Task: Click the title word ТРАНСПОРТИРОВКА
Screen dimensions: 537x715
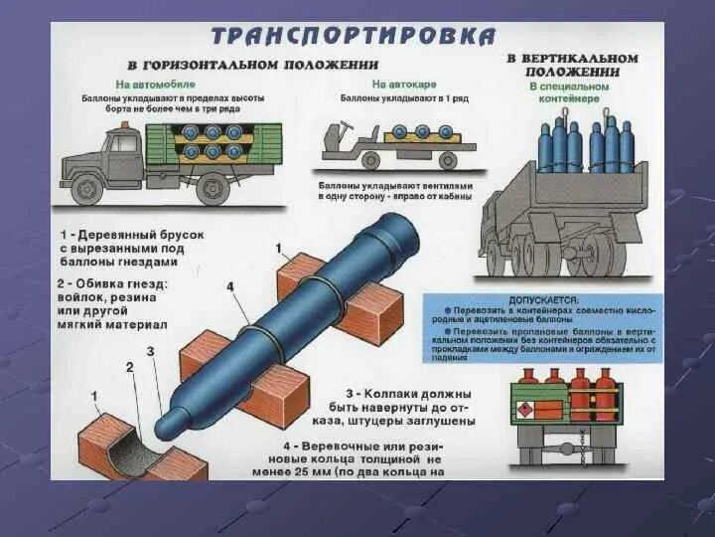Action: click(354, 37)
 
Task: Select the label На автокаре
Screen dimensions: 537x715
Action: click(395, 85)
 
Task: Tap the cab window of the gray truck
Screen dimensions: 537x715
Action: click(122, 145)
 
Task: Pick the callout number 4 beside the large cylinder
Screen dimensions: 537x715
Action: click(229, 287)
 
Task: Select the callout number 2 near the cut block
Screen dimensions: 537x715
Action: click(129, 367)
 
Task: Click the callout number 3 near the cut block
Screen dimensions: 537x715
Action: click(151, 351)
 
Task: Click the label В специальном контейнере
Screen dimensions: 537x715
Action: click(571, 92)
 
